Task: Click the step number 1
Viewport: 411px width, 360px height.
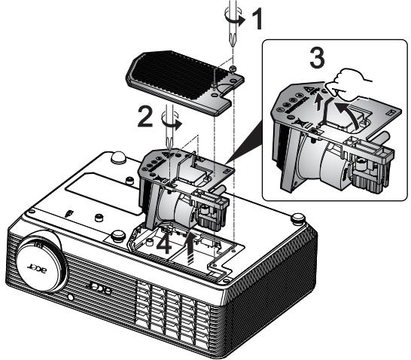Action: click(257, 19)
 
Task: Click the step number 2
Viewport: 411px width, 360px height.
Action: click(146, 117)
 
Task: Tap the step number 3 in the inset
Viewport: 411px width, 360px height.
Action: click(318, 58)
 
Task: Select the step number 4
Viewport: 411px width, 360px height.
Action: click(164, 246)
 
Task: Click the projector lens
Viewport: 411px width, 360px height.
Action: click(42, 261)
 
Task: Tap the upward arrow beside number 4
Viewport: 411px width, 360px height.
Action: click(192, 249)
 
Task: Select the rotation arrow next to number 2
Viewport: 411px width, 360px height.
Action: click(172, 123)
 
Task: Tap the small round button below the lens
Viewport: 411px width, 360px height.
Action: click(70, 297)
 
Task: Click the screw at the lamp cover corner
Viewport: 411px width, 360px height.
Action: click(233, 69)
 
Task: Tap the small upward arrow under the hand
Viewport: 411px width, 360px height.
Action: click(318, 102)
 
